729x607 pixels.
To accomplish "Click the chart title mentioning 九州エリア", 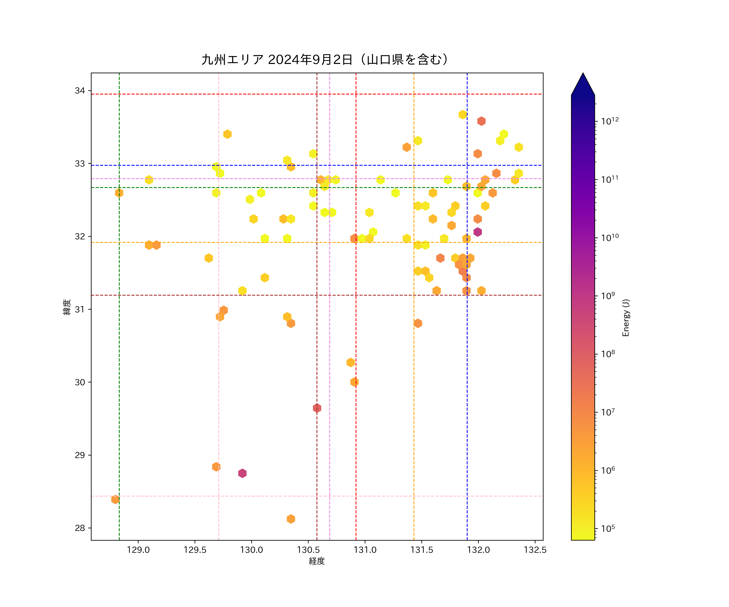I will tap(325, 60).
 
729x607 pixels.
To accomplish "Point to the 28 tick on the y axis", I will tap(80, 528).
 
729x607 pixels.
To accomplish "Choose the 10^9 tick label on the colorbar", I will tap(608, 296).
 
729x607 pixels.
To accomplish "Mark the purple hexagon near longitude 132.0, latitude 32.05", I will tap(478, 232).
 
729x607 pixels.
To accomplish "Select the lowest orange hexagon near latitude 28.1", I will tap(291, 519).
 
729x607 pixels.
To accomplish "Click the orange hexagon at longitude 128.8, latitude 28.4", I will tap(115, 500).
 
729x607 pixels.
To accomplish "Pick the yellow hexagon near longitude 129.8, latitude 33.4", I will tap(227, 134).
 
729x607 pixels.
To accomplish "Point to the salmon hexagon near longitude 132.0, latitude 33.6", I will tap(481, 121).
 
